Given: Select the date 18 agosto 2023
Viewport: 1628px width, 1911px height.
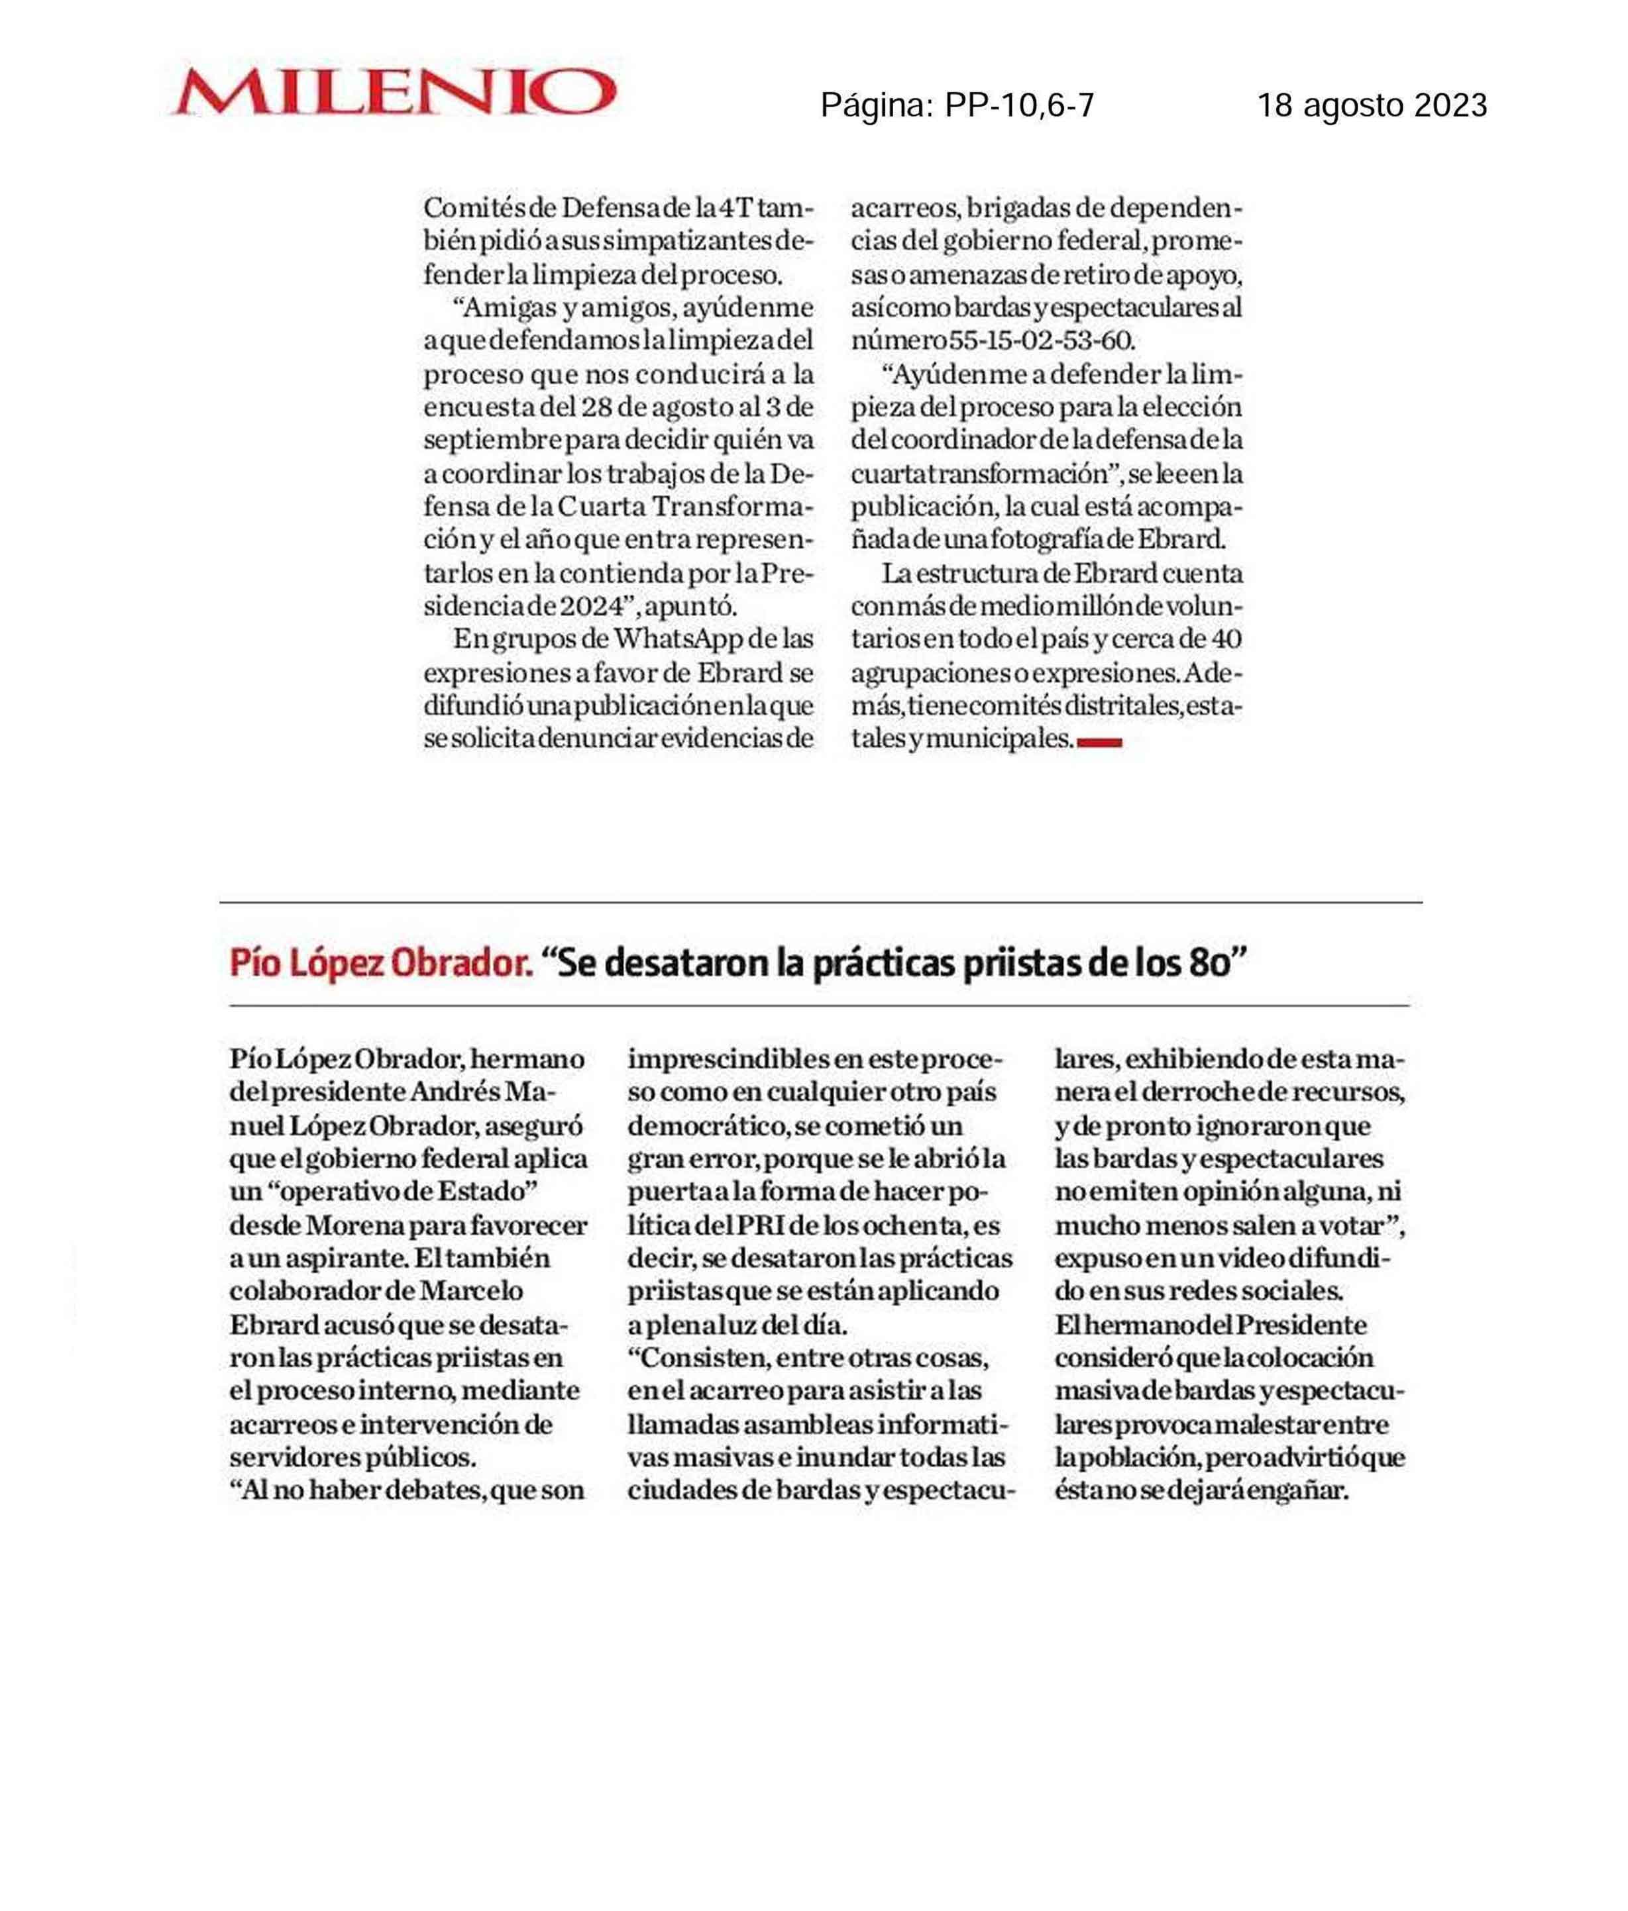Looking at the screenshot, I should tap(1372, 106).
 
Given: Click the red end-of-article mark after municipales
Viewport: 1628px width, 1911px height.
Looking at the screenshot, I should tap(1099, 741).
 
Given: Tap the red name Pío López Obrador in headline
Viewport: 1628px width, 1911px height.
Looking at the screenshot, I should tap(380, 964).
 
